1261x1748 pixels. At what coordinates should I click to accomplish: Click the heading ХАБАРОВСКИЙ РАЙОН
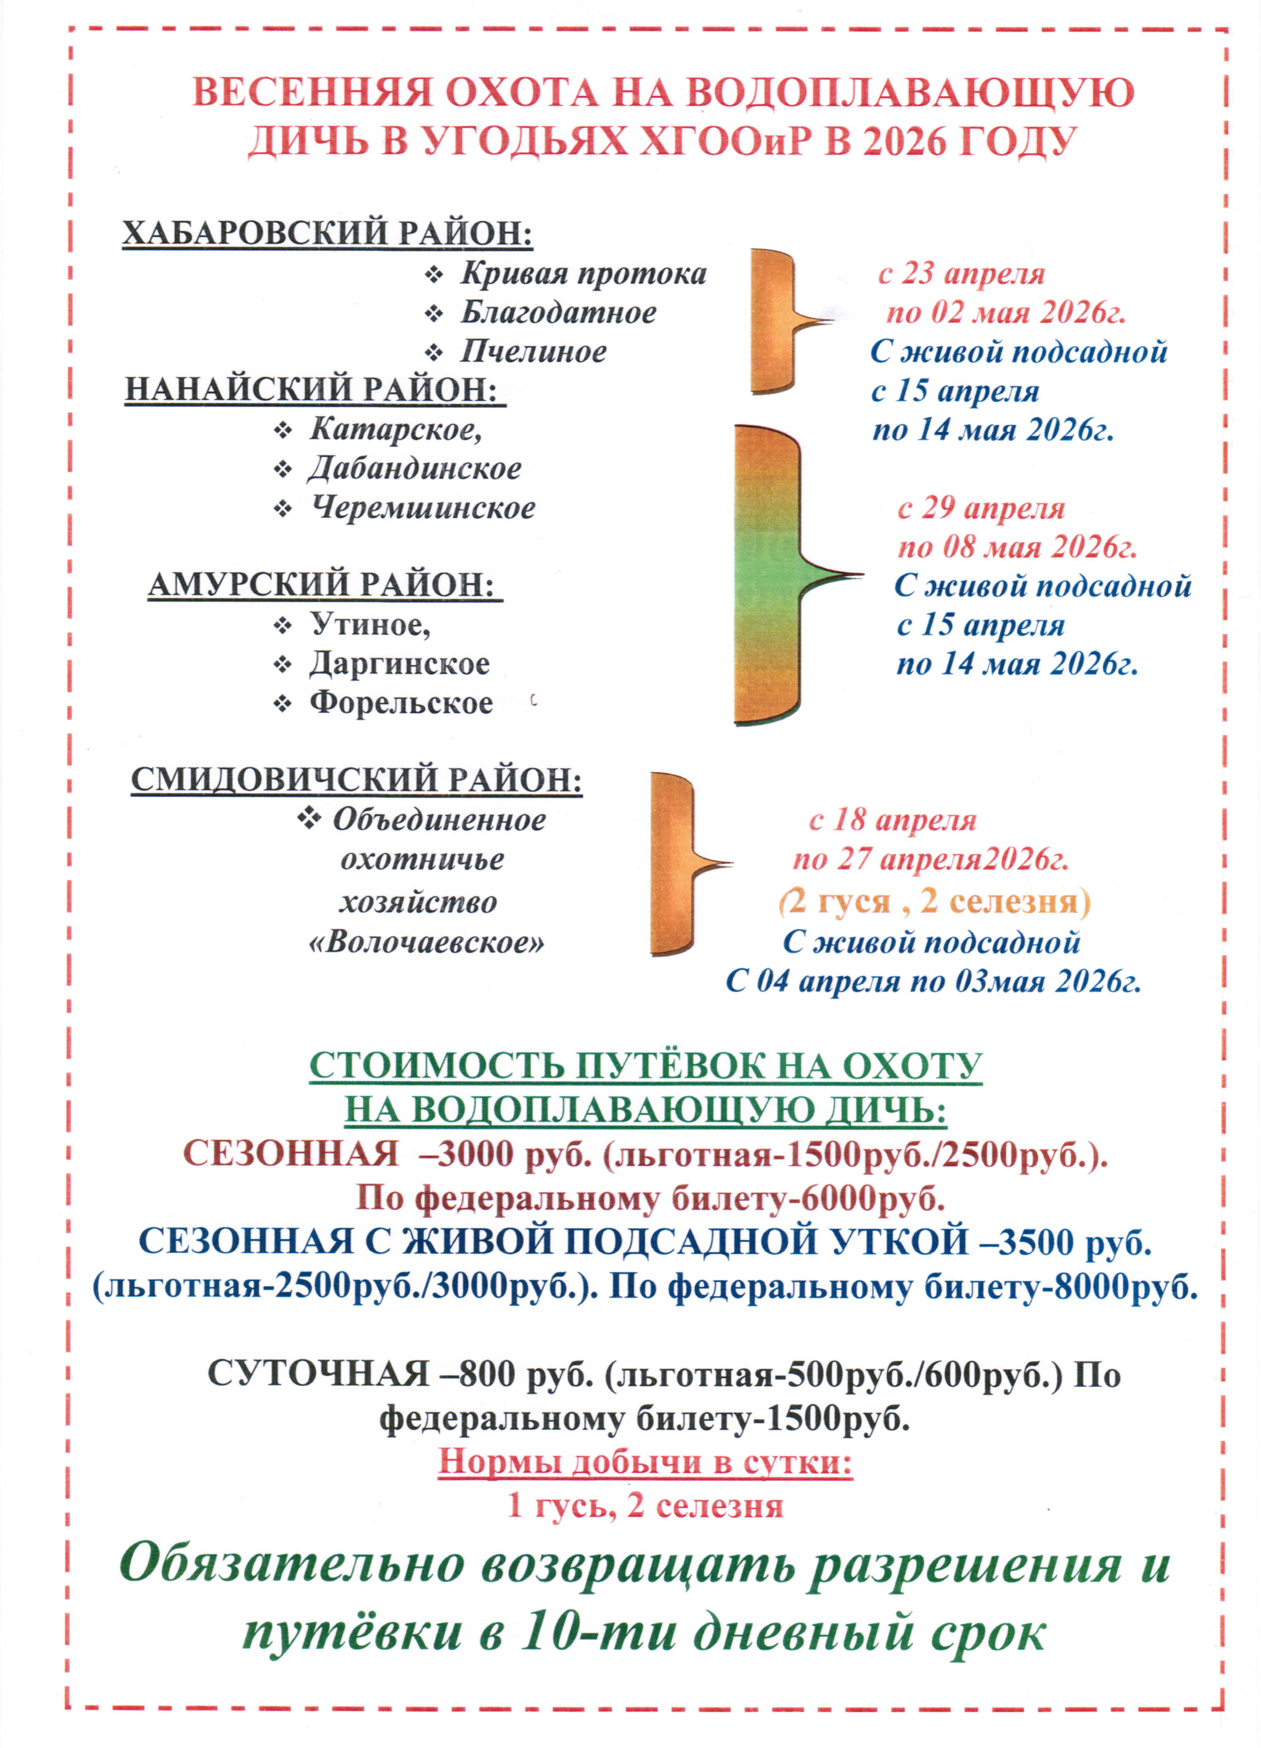click(x=327, y=233)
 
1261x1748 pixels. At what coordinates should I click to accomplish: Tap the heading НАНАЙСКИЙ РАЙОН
click(x=314, y=390)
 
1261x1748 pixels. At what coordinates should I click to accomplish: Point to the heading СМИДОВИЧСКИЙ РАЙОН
click(x=356, y=780)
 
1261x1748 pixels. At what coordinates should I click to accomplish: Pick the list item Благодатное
click(x=559, y=313)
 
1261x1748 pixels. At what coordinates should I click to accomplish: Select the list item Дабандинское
click(x=415, y=468)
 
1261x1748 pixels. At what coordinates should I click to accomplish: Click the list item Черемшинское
click(x=423, y=508)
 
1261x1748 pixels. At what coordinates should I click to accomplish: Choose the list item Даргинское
click(x=399, y=664)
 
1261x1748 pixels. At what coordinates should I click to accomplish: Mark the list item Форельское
click(x=401, y=703)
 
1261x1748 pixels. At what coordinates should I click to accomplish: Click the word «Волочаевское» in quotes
click(x=426, y=942)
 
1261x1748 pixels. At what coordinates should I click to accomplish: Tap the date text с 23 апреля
click(x=961, y=274)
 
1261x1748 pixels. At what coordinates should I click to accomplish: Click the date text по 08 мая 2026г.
click(x=1017, y=547)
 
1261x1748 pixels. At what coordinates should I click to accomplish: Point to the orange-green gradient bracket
click(x=767, y=574)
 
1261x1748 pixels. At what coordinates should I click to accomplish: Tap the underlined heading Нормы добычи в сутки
click(x=646, y=1462)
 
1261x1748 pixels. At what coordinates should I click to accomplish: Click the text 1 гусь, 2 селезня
click(x=646, y=1505)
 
